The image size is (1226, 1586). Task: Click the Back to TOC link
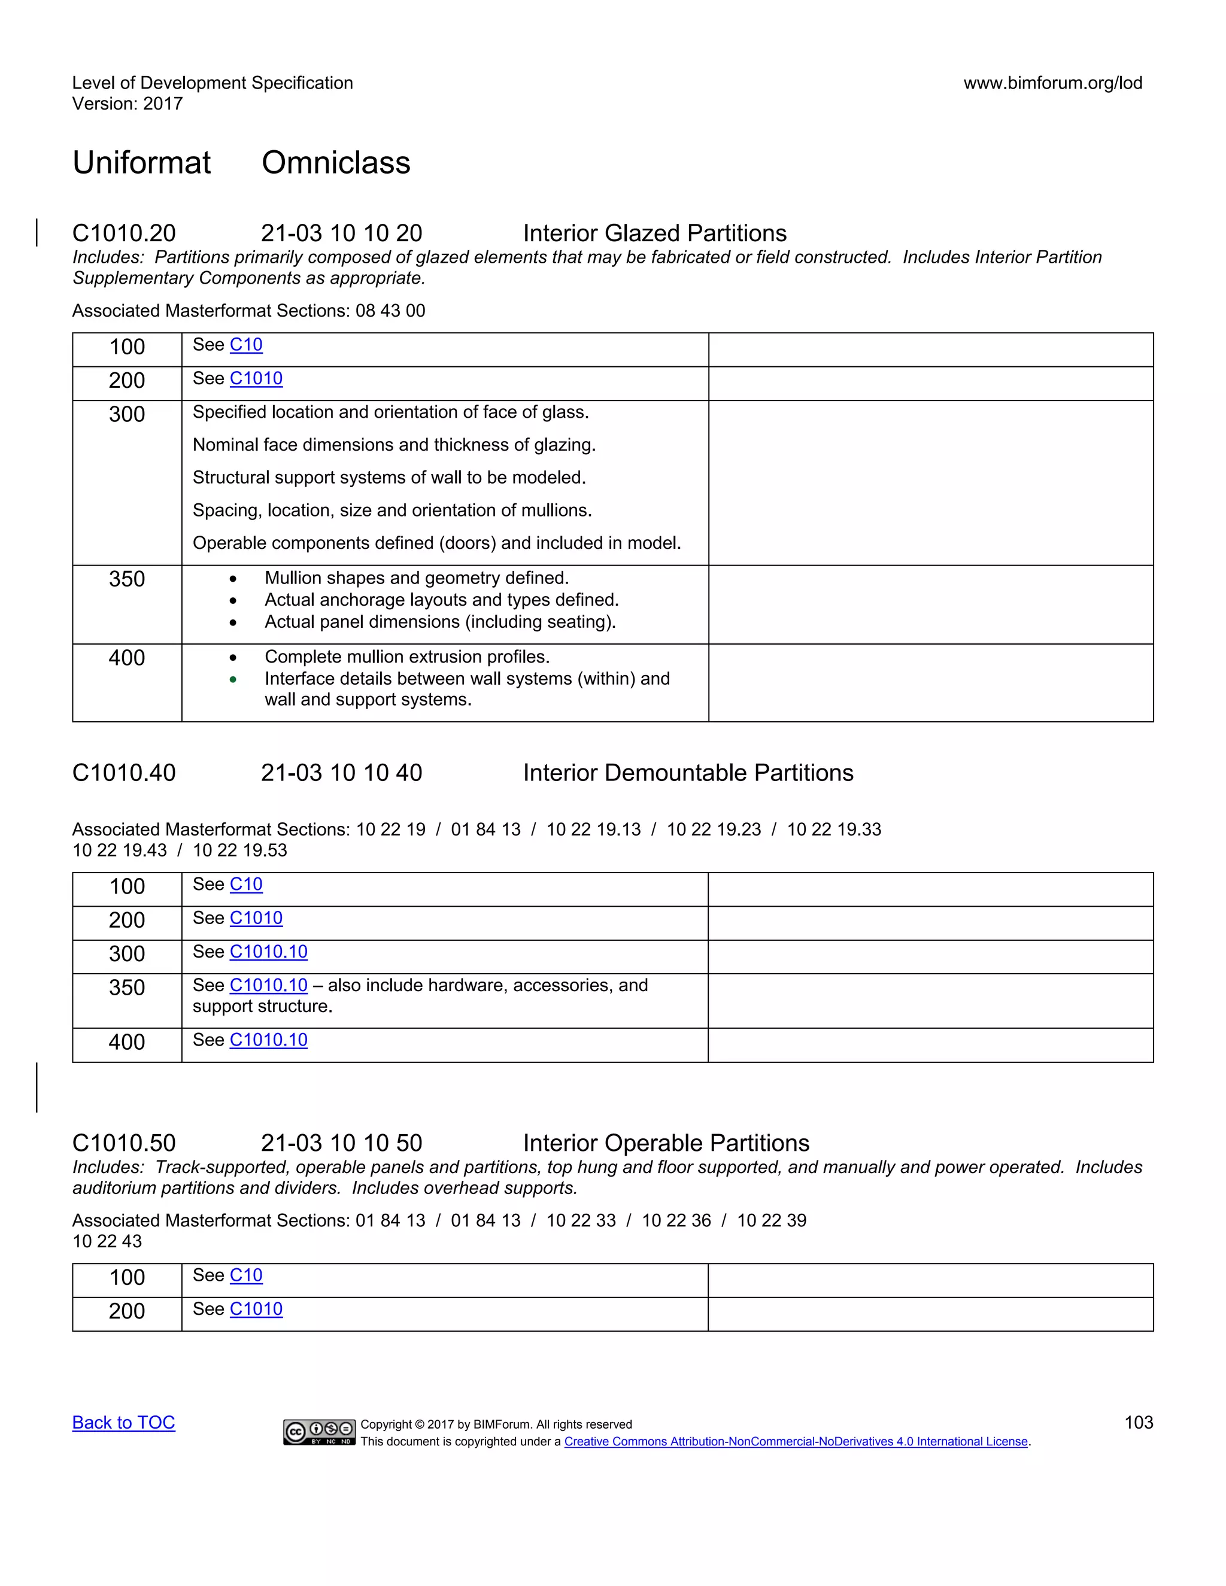(123, 1423)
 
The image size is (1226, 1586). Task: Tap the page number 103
(1138, 1423)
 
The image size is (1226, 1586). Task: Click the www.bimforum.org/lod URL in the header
(1052, 83)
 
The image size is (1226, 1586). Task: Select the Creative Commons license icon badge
(319, 1432)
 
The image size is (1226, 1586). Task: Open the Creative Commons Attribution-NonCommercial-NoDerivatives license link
(796, 1442)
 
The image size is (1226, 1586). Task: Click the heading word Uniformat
(142, 163)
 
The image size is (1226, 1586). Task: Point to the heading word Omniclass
(336, 163)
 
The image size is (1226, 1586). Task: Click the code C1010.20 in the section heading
(124, 233)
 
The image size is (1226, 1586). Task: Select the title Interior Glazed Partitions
(654, 233)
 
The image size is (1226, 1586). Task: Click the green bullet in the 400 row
(233, 680)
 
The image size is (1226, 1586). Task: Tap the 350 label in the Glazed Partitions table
(127, 579)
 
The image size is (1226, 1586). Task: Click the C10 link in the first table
(246, 345)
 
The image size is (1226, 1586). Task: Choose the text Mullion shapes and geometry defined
(416, 578)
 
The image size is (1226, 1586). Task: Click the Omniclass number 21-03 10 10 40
(341, 773)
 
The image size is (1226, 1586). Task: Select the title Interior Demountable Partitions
(688, 773)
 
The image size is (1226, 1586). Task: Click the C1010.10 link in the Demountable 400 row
(268, 1040)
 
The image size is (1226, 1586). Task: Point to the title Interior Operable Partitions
(666, 1143)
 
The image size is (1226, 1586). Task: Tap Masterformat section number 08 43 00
(390, 311)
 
